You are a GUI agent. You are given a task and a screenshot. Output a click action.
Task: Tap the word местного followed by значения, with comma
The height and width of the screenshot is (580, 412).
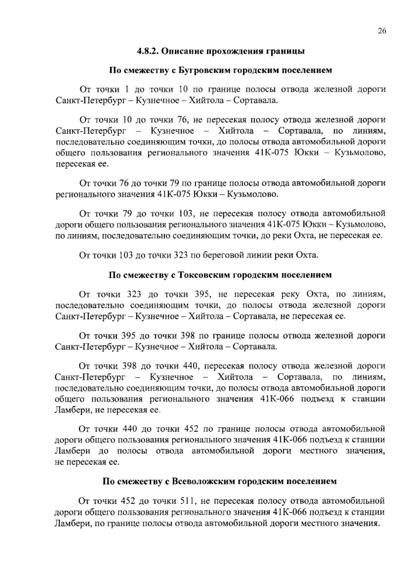319,451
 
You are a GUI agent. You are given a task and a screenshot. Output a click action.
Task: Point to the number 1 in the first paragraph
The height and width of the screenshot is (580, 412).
127,90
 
